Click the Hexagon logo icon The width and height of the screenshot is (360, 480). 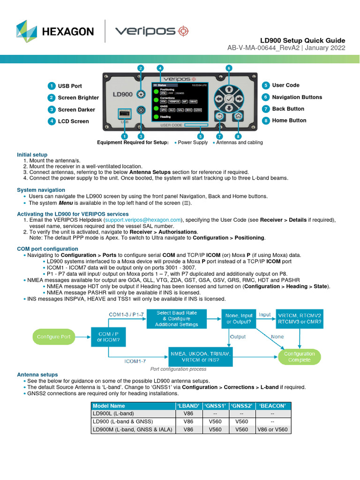click(26, 31)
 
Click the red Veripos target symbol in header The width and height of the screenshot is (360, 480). click(183, 31)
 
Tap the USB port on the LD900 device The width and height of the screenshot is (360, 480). click(125, 115)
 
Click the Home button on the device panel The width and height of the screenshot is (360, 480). click(238, 116)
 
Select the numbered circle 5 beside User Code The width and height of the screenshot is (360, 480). click(266, 85)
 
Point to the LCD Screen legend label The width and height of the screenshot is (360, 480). click(73, 121)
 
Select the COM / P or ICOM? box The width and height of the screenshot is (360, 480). click(108, 337)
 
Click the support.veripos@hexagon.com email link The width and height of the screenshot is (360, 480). click(143, 219)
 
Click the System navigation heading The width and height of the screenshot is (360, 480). click(41, 190)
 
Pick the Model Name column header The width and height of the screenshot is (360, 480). click(109, 405)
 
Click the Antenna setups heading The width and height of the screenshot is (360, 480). click(37, 375)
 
